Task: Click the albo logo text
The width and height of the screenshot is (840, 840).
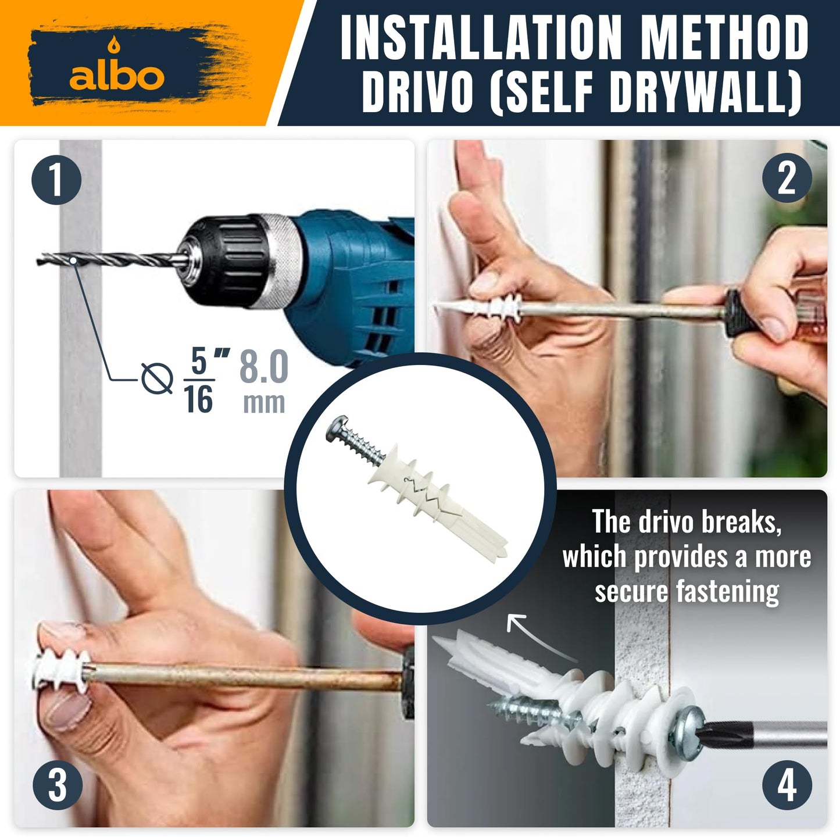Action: coord(116,76)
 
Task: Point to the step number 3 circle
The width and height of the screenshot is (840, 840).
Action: coord(57,786)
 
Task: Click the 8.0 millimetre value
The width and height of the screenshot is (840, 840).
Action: coord(263,367)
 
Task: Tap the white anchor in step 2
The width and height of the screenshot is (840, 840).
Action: coord(482,306)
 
